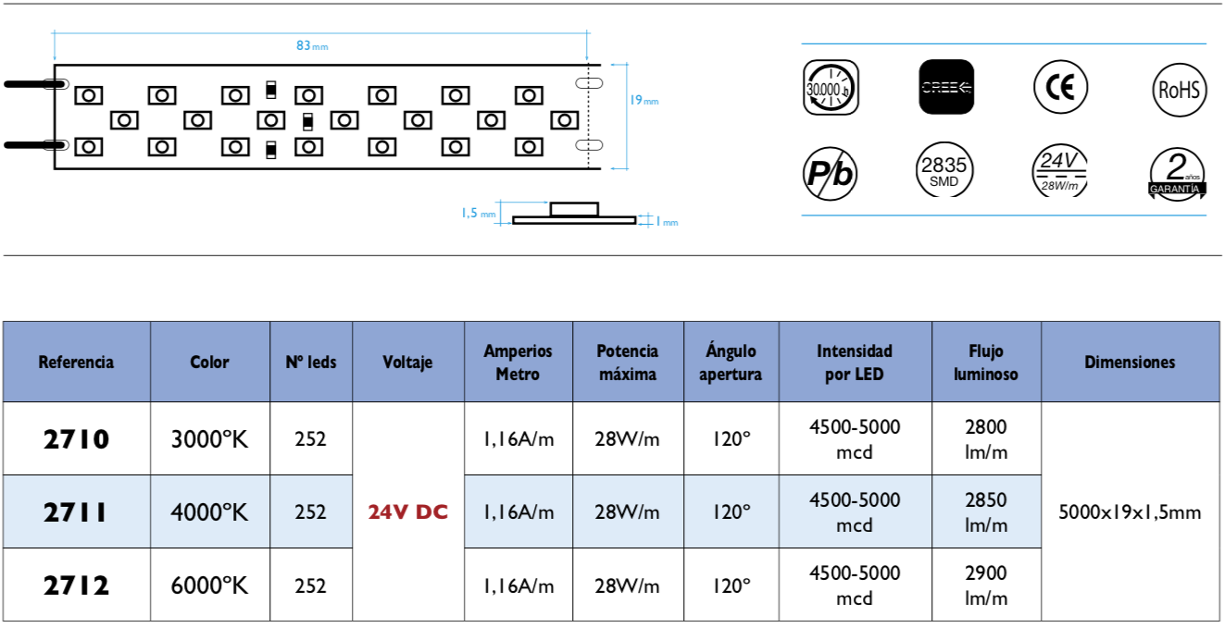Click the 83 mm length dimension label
(x=312, y=45)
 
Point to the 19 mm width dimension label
(x=643, y=100)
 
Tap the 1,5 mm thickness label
(x=479, y=214)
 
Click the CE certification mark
(x=1060, y=87)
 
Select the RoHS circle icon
(x=1179, y=89)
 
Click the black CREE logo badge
(x=946, y=87)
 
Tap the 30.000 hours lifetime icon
(x=830, y=88)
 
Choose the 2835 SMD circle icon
(x=943, y=171)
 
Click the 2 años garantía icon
(x=1177, y=173)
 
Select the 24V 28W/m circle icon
(x=1059, y=172)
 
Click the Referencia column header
(x=76, y=362)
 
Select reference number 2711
(x=76, y=511)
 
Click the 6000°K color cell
(x=210, y=585)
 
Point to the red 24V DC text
(x=407, y=511)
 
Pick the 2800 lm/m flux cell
(x=986, y=438)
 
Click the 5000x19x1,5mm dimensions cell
(x=1130, y=511)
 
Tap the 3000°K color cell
(x=210, y=438)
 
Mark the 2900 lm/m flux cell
(x=986, y=585)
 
